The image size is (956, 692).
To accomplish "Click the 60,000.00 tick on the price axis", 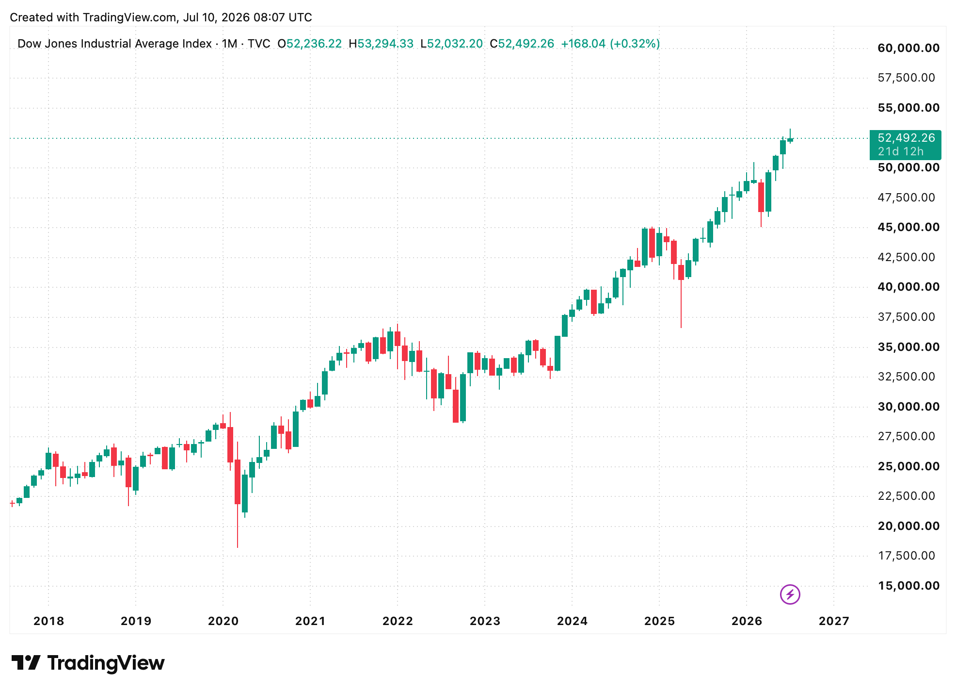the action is (908, 48).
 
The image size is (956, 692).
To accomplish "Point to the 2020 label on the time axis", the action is (223, 621).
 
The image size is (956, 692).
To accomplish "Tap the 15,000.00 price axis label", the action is (908, 586).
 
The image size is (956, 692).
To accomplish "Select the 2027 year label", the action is (834, 621).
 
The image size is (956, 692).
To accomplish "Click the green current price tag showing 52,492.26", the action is (906, 145).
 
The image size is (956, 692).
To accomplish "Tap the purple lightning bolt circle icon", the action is (790, 594).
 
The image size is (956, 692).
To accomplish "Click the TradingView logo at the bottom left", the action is (88, 663).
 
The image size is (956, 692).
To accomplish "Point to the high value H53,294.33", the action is (381, 44).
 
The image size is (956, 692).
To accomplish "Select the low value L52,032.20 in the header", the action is (451, 44).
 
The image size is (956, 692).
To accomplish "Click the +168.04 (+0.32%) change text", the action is (610, 44).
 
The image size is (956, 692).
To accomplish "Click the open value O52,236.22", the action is (309, 44).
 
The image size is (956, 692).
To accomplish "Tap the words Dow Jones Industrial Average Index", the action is (114, 44).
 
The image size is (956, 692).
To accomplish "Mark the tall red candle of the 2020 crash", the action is (238, 481).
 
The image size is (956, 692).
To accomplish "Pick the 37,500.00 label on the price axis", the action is (907, 317).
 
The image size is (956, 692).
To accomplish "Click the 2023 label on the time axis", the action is (485, 621).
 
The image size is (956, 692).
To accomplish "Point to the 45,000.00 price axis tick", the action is (908, 227).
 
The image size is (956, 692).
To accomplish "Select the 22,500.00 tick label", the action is (907, 496).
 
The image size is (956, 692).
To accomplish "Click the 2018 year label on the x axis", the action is (48, 621).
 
